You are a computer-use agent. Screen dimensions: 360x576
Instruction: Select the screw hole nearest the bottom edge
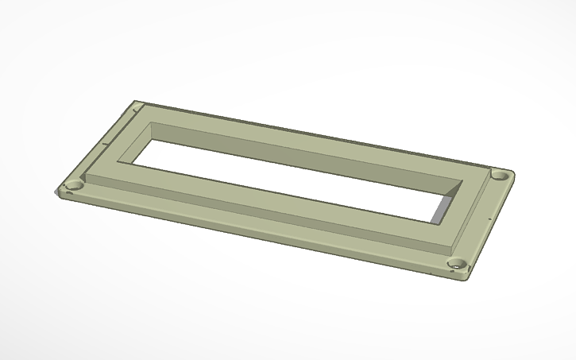coord(456,264)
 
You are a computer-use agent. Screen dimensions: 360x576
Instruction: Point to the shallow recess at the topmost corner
coord(137,104)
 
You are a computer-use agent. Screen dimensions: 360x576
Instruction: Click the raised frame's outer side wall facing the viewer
coord(262,210)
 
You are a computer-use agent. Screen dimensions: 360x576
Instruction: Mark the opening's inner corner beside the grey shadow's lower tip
coord(434,223)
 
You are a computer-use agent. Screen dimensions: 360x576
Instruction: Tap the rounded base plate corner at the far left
coord(58,191)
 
